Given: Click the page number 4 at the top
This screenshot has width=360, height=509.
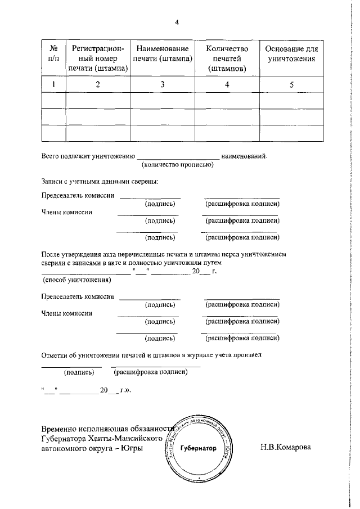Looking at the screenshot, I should click(x=177, y=22).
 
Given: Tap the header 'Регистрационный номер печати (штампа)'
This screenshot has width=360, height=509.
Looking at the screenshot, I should click(x=98, y=58).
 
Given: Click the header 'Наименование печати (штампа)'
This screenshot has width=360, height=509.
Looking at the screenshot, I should click(x=163, y=54).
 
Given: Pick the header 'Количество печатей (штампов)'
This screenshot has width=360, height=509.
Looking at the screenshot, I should click(x=227, y=58).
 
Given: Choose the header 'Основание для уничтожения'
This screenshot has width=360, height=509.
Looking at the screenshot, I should click(x=291, y=54).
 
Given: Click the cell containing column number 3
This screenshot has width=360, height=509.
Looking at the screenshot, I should click(x=163, y=84).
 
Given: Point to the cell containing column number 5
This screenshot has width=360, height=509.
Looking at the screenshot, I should click(x=291, y=84).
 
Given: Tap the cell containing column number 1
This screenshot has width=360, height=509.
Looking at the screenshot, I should click(x=55, y=84).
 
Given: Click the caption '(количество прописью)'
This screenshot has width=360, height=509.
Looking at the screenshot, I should click(x=177, y=165).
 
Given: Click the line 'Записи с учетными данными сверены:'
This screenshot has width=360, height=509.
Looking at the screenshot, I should click(x=100, y=182).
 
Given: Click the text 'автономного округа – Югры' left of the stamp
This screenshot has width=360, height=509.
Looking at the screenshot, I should click(x=92, y=448).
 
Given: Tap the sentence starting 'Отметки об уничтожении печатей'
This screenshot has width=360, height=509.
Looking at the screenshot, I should click(x=151, y=355).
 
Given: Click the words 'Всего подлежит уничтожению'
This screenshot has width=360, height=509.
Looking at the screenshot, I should click(x=88, y=156).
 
